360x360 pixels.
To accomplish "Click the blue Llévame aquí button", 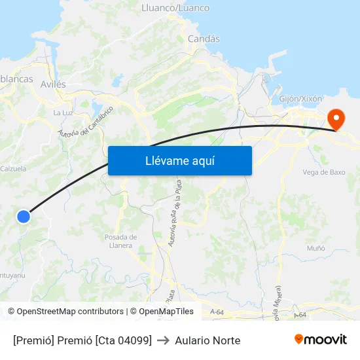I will pyautogui.click(x=179, y=160).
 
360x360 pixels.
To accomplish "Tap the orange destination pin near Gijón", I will pyautogui.click(x=336, y=118).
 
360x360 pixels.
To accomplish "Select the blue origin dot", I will pyautogui.click(x=24, y=216).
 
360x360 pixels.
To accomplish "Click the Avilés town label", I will pyautogui.click(x=53, y=84).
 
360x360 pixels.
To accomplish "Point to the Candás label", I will pyautogui.click(x=204, y=39).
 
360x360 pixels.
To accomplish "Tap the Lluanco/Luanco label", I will pyautogui.click(x=175, y=8).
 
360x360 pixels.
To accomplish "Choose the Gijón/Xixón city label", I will pyautogui.click(x=300, y=98).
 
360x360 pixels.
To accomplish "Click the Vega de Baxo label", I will pyautogui.click(x=324, y=173).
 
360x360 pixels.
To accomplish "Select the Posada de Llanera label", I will pyautogui.click(x=120, y=241).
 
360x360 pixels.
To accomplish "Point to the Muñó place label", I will pyautogui.click(x=316, y=248).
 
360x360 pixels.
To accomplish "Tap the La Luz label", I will pyautogui.click(x=63, y=113).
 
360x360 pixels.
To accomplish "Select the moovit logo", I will pyautogui.click(x=321, y=339).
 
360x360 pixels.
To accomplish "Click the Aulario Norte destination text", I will pyautogui.click(x=207, y=340).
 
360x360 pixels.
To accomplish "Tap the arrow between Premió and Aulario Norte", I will pyautogui.click(x=163, y=340).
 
